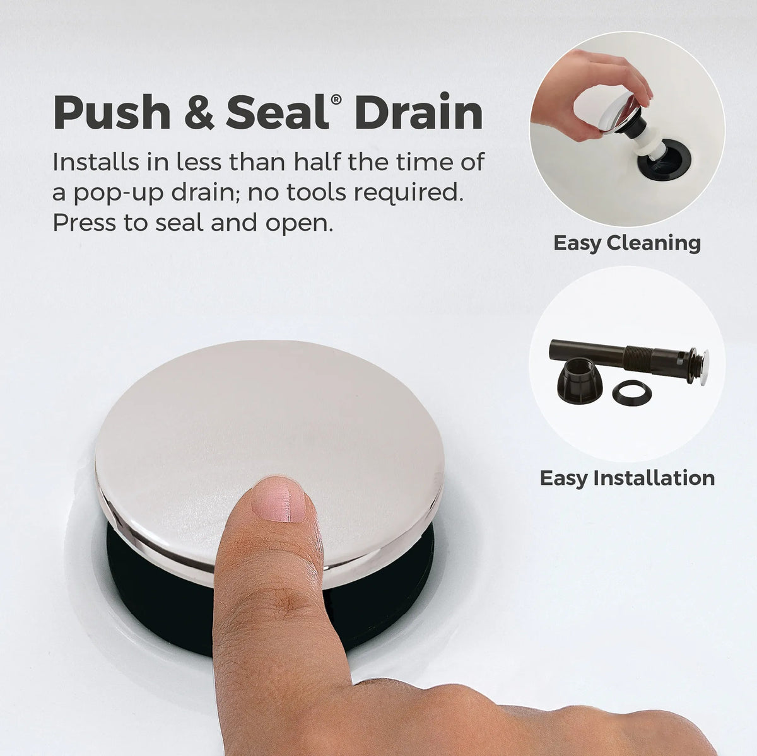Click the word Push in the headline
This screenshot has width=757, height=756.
pos(112,112)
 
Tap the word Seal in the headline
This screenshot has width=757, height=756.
pos(278,112)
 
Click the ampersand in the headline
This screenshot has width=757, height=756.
pos(199,113)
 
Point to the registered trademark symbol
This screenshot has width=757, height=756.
pos(336,99)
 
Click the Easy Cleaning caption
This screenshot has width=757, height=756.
pos(627,243)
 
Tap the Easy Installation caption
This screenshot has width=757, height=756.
pos(627,478)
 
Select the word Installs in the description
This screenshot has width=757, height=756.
pos(96,162)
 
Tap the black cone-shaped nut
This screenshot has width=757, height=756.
pos(580,381)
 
